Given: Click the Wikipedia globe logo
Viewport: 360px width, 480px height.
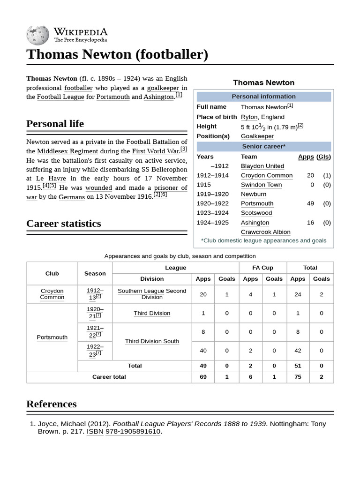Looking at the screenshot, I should coord(38,34).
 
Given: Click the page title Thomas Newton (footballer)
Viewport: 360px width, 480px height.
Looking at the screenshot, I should coord(117,54).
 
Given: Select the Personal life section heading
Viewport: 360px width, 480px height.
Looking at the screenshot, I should coord(55,124).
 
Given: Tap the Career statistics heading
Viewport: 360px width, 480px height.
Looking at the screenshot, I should coord(64,224).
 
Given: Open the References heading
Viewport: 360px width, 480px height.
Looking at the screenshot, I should coord(52,404).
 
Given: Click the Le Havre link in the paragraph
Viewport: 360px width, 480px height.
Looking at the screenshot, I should coord(47,179).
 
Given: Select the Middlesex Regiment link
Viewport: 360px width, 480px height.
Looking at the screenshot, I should coord(67,151).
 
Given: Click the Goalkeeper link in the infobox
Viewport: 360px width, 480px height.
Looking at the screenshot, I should coord(257,136).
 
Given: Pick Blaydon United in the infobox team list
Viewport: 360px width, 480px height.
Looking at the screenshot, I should coord(262,166).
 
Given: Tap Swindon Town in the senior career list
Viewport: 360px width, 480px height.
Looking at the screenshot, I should coord(261,185).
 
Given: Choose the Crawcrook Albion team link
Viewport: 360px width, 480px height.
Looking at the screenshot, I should coord(265,232).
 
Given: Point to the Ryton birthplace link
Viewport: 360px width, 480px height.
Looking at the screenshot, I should coord(249,117).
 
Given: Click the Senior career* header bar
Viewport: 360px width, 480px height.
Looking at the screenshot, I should coord(264,146).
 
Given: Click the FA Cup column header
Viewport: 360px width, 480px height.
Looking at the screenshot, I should coord(262,268).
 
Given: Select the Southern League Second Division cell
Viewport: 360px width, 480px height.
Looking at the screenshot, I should coord(152,294).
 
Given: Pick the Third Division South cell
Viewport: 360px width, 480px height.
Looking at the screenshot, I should coord(152,341).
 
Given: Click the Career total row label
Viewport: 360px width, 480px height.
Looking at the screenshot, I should coord(109,377).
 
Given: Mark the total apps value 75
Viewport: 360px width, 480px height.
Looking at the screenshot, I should coord(298,377).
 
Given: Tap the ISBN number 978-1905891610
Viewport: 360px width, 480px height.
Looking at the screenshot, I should coord(133,431).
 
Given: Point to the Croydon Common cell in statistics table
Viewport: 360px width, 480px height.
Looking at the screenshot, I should coord(52,294).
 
